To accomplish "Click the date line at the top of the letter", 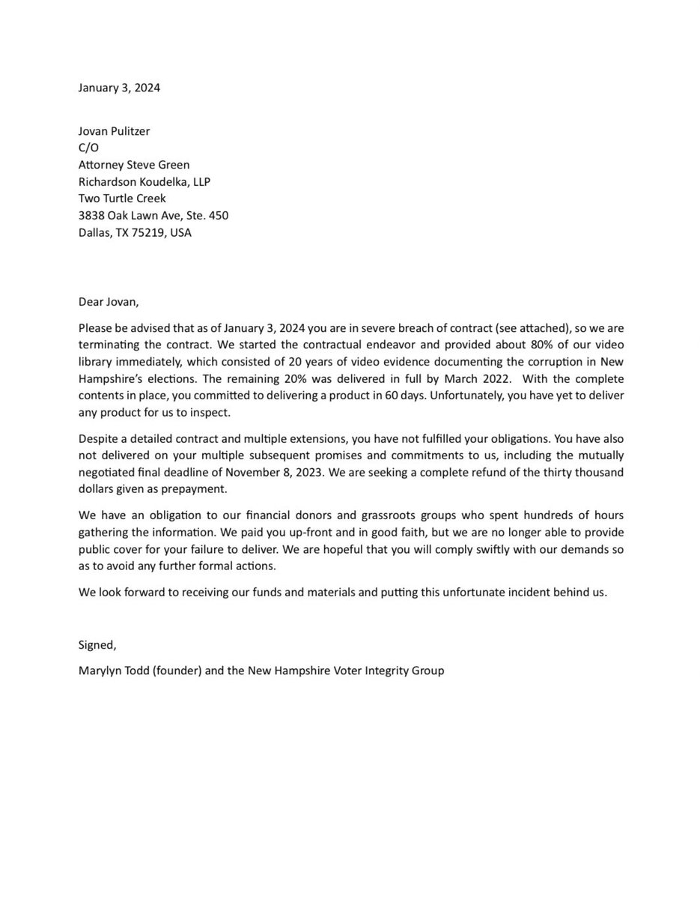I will [x=119, y=88].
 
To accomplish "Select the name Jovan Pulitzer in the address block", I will [x=114, y=131].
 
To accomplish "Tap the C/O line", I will [x=88, y=148].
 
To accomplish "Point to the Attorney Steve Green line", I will [x=134, y=165].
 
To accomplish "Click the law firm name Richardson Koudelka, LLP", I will [x=144, y=182].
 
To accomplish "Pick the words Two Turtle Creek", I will [x=122, y=199].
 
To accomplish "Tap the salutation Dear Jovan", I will [x=109, y=303].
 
